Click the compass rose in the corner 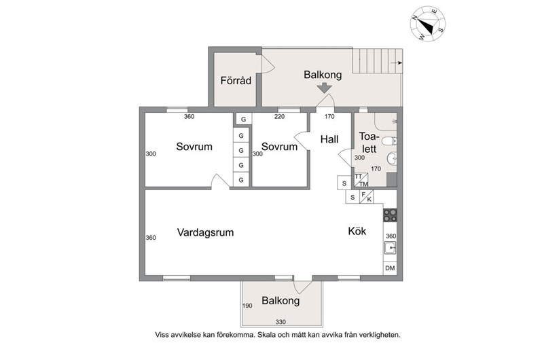[x=428, y=23]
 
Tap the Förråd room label [x=236, y=81]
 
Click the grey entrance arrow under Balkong [x=324, y=88]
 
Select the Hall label [x=329, y=139]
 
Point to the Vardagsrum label [x=205, y=232]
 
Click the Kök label [x=357, y=231]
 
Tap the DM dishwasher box [x=390, y=268]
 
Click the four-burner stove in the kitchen [x=390, y=215]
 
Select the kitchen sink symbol [x=391, y=248]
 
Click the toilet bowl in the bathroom [x=389, y=141]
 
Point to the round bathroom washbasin [x=392, y=159]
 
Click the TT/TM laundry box [x=361, y=180]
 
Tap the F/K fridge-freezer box [x=366, y=196]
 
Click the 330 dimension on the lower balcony [x=281, y=322]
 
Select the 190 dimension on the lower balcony [x=247, y=306]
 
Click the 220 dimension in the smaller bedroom [x=279, y=117]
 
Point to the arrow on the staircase [x=397, y=63]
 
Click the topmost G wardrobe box [x=243, y=120]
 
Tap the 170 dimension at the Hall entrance [x=329, y=117]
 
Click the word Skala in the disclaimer [x=266, y=335]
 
